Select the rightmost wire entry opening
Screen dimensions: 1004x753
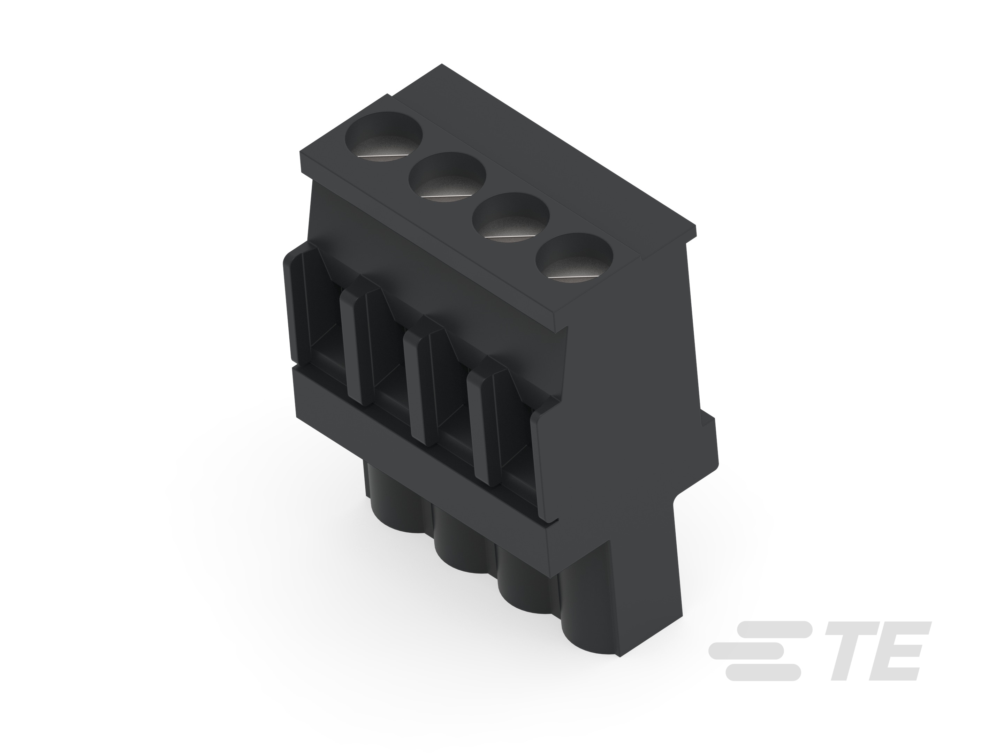515,436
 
